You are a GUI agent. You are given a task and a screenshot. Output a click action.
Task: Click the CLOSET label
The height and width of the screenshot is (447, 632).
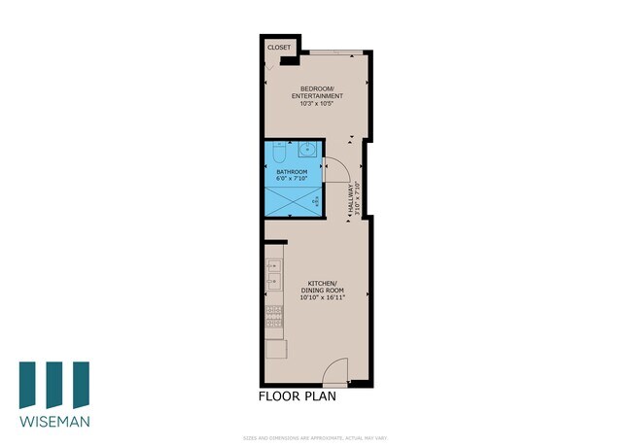tap(278, 47)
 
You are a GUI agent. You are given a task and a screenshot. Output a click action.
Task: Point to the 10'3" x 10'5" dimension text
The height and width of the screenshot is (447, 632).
tap(316, 105)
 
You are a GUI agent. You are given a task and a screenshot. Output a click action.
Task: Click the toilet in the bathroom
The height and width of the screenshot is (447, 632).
tap(278, 154)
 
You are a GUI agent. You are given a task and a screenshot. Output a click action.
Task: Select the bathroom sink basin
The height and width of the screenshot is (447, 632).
tap(305, 151)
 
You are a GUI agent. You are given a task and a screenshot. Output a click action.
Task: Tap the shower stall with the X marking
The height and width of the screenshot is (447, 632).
tap(293, 201)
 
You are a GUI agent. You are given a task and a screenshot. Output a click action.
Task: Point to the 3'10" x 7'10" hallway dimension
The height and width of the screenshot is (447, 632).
tap(358, 199)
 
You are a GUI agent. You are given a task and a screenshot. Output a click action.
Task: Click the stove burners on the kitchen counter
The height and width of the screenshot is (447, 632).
tap(273, 316)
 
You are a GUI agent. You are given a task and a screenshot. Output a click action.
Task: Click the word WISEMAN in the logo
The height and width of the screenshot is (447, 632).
tap(54, 423)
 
